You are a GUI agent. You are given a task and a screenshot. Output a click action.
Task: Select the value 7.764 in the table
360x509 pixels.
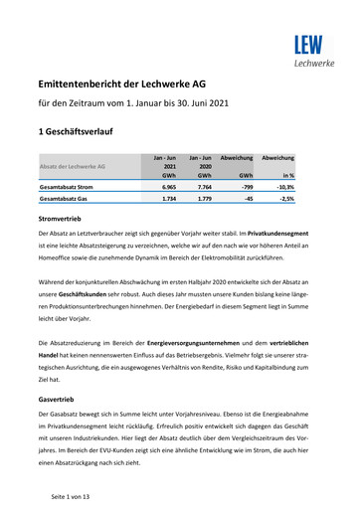tap(206, 186)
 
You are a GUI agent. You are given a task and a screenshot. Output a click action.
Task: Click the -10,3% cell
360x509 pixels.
tap(285, 186)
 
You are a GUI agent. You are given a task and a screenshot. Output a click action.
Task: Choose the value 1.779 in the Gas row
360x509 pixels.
tap(206, 200)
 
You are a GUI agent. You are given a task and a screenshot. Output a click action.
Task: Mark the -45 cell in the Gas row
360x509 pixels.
tap(249, 200)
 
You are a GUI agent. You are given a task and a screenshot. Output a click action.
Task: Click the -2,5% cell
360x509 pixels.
tap(287, 200)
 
